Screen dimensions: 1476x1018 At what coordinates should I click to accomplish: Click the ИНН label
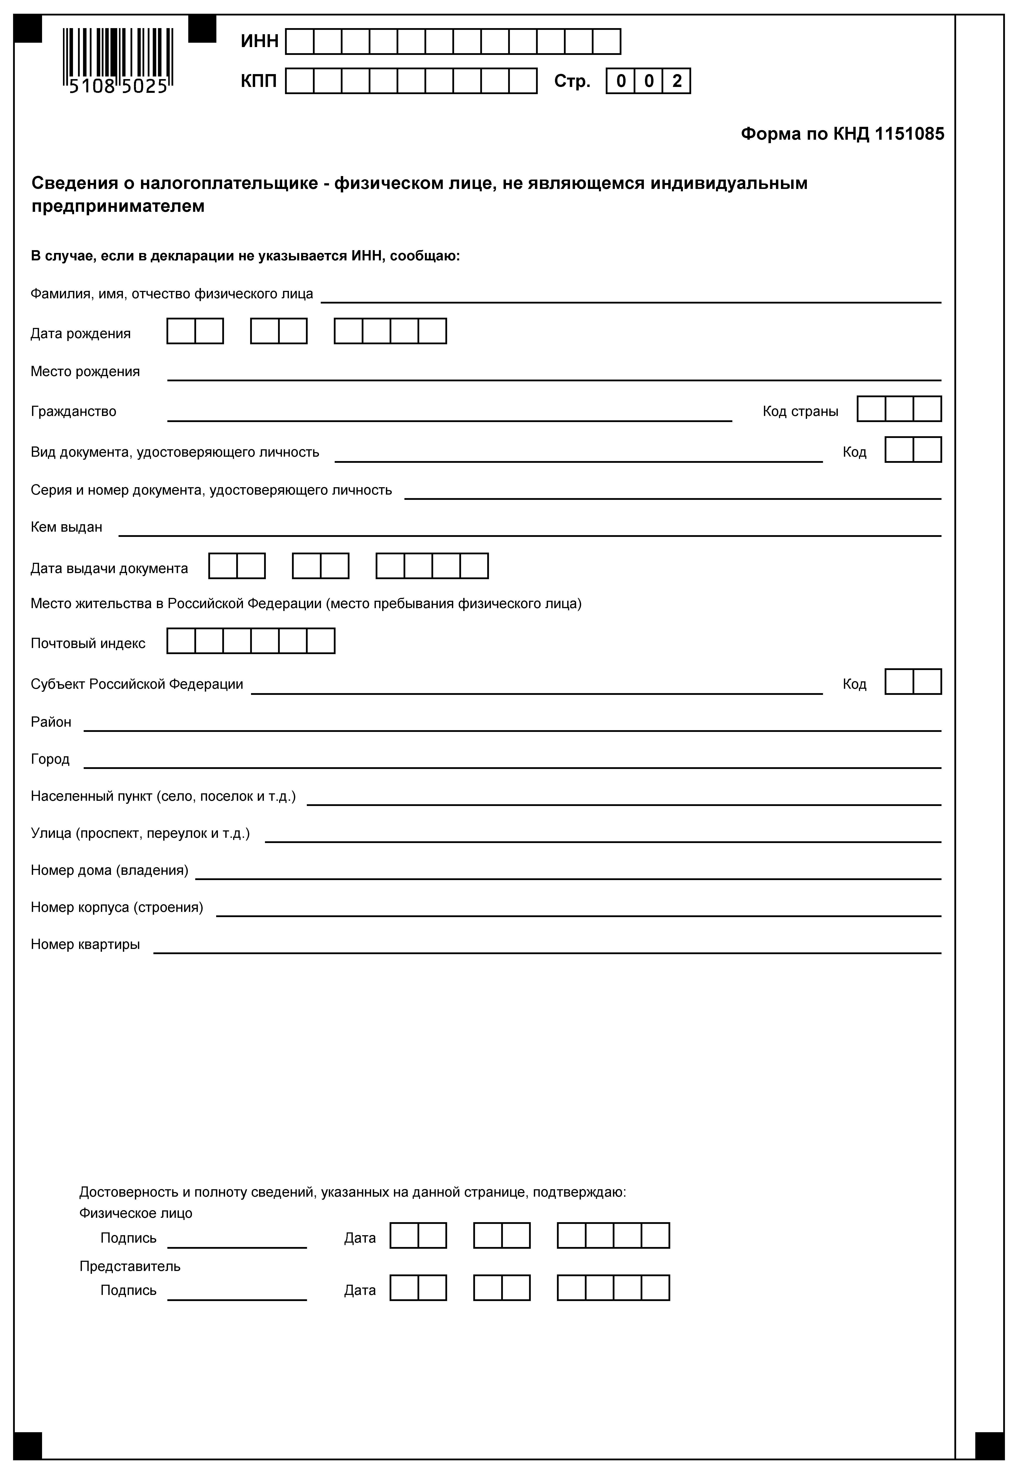point(260,41)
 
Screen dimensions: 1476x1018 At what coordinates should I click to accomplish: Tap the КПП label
point(258,81)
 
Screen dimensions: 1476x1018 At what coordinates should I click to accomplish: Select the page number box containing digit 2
point(677,81)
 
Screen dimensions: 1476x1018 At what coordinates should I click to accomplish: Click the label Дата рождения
point(80,334)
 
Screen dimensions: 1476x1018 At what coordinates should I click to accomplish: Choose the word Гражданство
point(73,411)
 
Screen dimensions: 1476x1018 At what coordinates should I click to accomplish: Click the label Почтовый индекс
point(88,644)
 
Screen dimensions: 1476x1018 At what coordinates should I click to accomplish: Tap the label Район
point(51,722)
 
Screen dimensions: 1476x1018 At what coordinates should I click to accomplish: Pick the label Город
point(50,759)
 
